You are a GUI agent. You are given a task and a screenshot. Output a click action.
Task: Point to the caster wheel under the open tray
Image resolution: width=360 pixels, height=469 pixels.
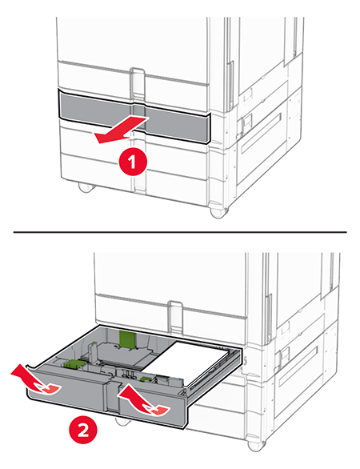coord(120,420)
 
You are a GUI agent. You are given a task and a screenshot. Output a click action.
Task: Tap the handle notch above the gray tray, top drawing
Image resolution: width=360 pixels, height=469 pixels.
coord(137,82)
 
